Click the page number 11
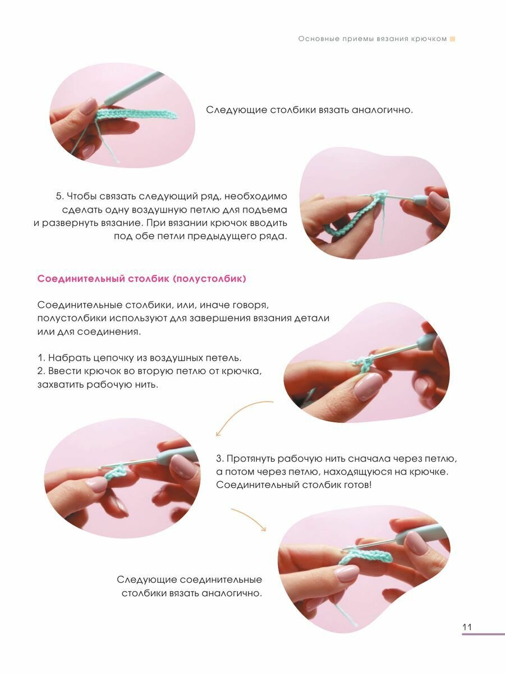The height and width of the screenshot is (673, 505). [467, 627]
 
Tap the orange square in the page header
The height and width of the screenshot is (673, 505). [452, 39]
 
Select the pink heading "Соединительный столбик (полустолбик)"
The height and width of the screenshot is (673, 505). [141, 279]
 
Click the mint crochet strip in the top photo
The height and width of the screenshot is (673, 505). [136, 114]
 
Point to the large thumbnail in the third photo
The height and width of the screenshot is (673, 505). [369, 386]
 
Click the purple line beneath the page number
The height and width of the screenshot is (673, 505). [483, 634]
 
